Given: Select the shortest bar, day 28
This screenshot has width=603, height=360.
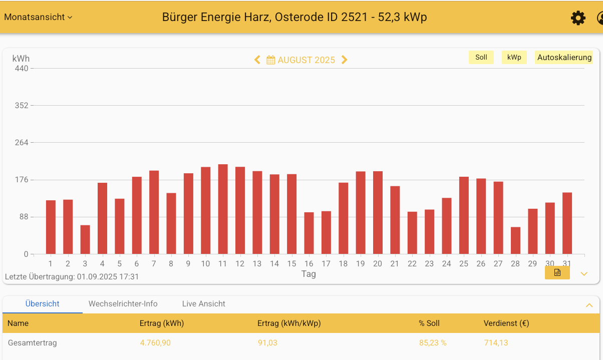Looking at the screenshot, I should click(x=515, y=241).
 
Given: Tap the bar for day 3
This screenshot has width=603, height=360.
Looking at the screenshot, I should click(x=85, y=240).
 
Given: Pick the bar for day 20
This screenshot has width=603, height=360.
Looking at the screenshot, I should click(x=378, y=213).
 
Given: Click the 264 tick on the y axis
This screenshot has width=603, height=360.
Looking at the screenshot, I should click(x=22, y=143).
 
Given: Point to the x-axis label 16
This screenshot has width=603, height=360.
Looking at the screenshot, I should click(x=309, y=264).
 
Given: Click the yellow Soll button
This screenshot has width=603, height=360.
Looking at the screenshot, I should click(x=481, y=57).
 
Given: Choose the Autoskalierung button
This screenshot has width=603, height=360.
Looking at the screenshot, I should click(x=564, y=57).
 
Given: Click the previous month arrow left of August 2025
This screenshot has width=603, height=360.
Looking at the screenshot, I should click(x=257, y=60).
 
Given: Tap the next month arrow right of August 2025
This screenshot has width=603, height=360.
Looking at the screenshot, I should click(x=344, y=60).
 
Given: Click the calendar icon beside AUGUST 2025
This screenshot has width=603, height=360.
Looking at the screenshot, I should click(x=271, y=60).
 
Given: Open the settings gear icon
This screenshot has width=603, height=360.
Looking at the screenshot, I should click(x=578, y=18).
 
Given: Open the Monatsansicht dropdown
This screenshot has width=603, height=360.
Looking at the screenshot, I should click(x=38, y=17).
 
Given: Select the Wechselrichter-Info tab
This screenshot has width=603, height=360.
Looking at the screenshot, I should click(x=123, y=304).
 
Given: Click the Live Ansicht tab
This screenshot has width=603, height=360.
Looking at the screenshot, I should click(x=203, y=304).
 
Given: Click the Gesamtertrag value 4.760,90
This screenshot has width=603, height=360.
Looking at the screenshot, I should click(x=155, y=343).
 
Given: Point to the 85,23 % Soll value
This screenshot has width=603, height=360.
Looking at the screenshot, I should click(x=433, y=343).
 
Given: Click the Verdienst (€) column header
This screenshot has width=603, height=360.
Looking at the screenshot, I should click(x=506, y=323).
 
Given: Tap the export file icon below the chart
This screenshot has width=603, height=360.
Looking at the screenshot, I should click(x=557, y=273).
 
